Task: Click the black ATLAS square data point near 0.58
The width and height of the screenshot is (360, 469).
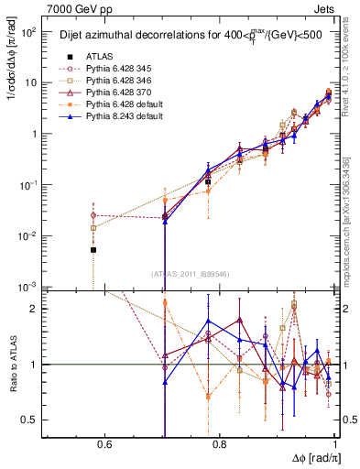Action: tap(93, 249)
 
